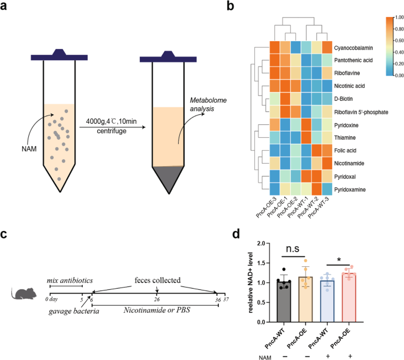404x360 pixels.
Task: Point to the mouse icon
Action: (x=25, y=293)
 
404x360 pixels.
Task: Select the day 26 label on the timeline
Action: (x=157, y=299)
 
